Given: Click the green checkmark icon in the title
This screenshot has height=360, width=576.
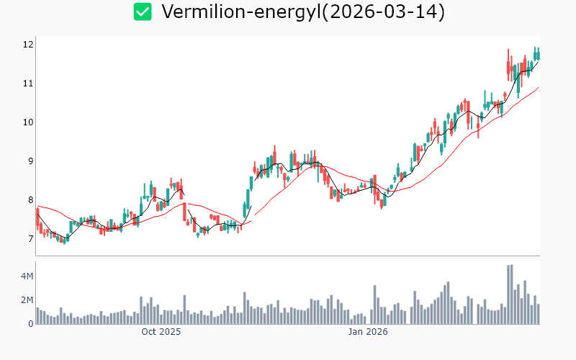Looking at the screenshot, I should click(143, 12).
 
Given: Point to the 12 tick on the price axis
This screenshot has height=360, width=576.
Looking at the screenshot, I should click(28, 45).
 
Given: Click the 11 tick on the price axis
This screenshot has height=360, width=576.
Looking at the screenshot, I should click(28, 84).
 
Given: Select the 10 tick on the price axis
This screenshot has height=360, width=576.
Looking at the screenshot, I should click(28, 122).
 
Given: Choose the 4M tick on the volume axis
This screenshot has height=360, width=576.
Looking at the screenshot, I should click(27, 276).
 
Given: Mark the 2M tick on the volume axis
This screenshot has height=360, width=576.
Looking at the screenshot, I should click(27, 300).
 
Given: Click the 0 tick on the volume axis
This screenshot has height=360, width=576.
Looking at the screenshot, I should click(30, 324).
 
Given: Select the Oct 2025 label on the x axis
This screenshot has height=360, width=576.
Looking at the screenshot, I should click(161, 332).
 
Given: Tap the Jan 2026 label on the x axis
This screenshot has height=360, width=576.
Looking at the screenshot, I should click(368, 332).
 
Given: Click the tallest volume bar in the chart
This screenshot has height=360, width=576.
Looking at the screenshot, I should click(511, 294).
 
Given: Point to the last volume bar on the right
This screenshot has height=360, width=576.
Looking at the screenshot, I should click(538, 314).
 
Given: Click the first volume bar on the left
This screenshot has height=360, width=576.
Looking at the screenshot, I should click(37, 316).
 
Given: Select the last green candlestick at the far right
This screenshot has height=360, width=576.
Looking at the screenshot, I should click(538, 54).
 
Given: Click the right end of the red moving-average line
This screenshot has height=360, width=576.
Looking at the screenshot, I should click(539, 88).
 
